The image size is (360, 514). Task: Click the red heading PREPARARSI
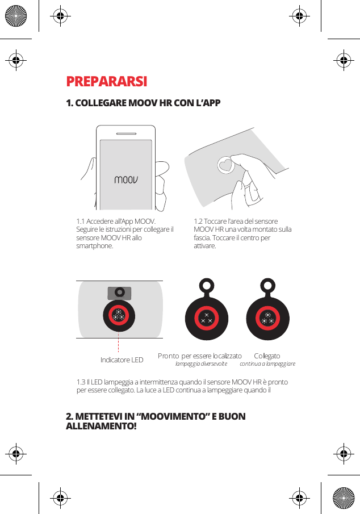click(x=107, y=82)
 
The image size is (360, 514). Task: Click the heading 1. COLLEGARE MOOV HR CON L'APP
click(x=143, y=103)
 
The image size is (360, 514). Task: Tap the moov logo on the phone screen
click(x=126, y=180)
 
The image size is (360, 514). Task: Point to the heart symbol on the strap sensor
click(x=227, y=165)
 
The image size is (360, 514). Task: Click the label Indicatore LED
click(x=122, y=360)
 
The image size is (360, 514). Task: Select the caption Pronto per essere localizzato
click(x=200, y=356)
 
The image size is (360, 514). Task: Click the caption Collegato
click(x=267, y=356)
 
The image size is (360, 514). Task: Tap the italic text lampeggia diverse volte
click(x=201, y=363)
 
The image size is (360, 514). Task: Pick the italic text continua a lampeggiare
click(x=267, y=363)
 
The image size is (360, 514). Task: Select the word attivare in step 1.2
click(x=205, y=246)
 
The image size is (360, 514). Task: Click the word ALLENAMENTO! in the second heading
click(x=101, y=426)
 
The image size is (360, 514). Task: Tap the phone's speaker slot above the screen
click(x=125, y=135)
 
